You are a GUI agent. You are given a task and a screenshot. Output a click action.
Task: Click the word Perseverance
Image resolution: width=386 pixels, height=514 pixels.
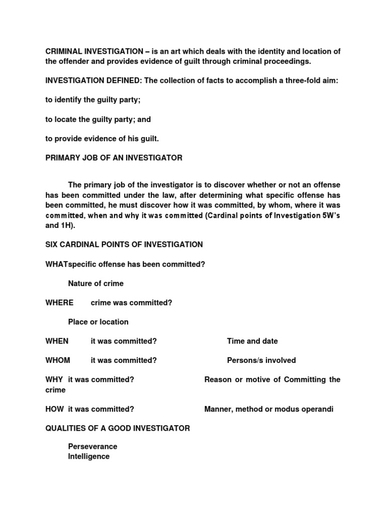coord(92,446)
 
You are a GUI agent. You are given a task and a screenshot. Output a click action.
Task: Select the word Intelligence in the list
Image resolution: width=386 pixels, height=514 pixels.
coord(88,456)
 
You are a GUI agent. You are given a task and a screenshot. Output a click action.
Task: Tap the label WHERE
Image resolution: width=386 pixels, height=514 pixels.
coord(59,303)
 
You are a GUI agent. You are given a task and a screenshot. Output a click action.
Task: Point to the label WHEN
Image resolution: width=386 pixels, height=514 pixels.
coord(57,341)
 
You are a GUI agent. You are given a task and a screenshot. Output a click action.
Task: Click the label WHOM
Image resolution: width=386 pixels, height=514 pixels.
coord(58,360)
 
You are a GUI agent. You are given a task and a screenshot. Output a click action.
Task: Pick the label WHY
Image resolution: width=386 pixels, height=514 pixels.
coord(54,379)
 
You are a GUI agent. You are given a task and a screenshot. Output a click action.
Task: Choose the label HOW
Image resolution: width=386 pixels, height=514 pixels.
coord(54,409)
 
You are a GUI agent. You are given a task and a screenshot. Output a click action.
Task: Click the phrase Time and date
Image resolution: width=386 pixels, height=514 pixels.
coord(252,341)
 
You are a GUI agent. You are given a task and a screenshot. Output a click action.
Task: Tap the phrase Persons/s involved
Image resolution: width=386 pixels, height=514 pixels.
coord(261,360)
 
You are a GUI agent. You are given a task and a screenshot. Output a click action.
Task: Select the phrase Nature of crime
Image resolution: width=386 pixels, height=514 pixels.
coord(95,284)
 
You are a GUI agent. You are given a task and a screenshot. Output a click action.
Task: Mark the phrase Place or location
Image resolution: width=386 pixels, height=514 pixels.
coord(98,322)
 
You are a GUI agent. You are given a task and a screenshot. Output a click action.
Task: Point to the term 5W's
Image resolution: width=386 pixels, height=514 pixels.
coord(329,216)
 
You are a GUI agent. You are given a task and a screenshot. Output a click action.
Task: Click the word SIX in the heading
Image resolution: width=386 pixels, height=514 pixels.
coord(52,244)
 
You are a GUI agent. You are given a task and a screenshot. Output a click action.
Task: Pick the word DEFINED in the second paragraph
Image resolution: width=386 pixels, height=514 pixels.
coord(119,81)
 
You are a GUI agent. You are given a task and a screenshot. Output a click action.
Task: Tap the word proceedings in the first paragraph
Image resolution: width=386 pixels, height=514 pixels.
coord(287,61)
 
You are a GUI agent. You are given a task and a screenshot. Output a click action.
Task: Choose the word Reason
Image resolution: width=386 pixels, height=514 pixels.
coord(217,379)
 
